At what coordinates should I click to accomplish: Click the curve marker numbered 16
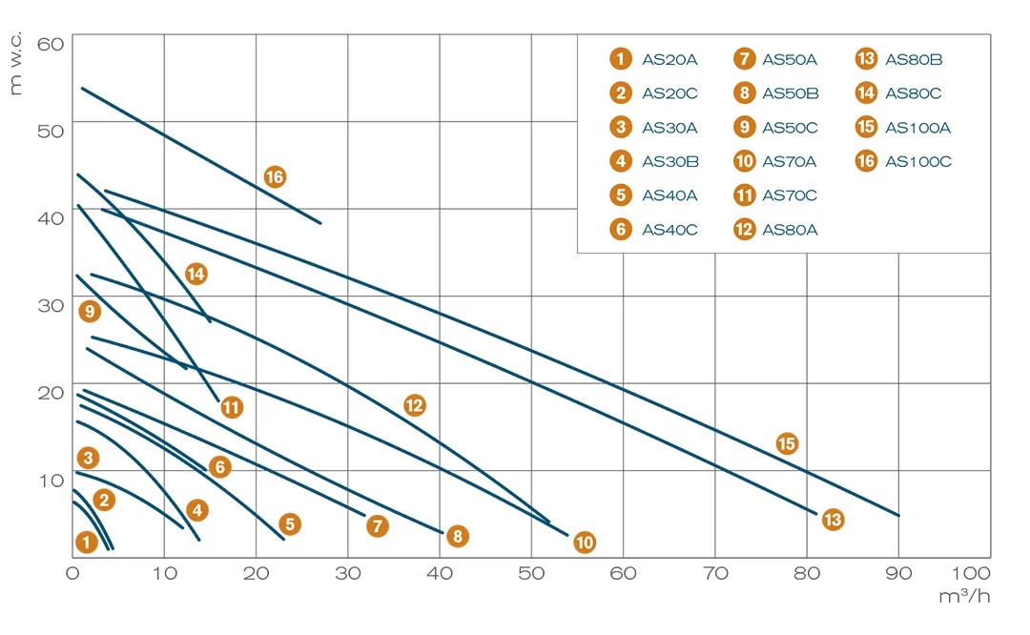click(x=275, y=176)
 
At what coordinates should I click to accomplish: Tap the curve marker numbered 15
click(x=786, y=443)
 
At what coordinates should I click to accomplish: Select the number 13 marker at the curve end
click(x=833, y=520)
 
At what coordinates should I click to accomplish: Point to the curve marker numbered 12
click(x=414, y=405)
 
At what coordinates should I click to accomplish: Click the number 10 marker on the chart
click(x=585, y=543)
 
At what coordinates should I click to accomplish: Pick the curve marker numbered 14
click(x=196, y=275)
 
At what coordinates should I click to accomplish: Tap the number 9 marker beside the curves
click(x=90, y=311)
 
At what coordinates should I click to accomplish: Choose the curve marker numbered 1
click(x=87, y=543)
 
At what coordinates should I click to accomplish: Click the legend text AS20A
click(x=669, y=59)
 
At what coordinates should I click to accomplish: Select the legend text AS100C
click(x=918, y=161)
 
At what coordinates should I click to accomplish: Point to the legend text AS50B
click(x=790, y=93)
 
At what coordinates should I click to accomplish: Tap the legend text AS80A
click(x=790, y=229)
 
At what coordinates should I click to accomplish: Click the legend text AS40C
click(x=669, y=229)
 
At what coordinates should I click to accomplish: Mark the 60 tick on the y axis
click(x=50, y=43)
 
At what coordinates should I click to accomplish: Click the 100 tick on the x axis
click(x=970, y=573)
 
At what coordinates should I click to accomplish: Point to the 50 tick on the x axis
click(x=531, y=573)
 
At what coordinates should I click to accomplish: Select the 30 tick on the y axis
click(x=50, y=305)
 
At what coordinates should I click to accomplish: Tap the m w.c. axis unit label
click(x=16, y=62)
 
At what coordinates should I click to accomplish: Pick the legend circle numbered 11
click(x=745, y=195)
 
